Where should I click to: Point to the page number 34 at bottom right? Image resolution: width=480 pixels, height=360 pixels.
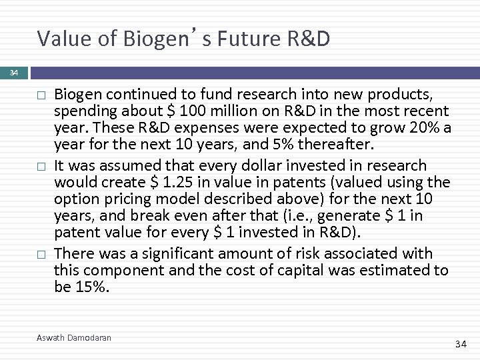tap(459, 344)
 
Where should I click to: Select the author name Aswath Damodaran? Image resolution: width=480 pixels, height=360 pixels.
tap(74, 338)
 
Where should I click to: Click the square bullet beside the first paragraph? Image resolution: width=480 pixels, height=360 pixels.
tap(40, 95)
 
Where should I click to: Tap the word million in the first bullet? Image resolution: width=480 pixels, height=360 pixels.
tap(233, 110)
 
